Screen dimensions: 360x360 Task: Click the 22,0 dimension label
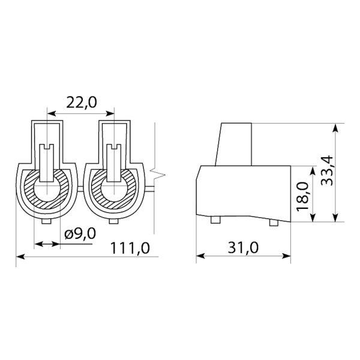tap(82, 102)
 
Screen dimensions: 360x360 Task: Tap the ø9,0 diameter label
tap(80, 234)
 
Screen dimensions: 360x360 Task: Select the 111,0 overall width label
tap(130, 248)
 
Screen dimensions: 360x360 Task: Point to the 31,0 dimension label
tap(243, 247)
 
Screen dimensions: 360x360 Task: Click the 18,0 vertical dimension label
tap(302, 196)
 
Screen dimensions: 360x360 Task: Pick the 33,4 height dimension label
tap(327, 170)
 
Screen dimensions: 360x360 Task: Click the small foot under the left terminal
tap(46, 221)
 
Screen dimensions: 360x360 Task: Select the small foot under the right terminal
tap(113, 221)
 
